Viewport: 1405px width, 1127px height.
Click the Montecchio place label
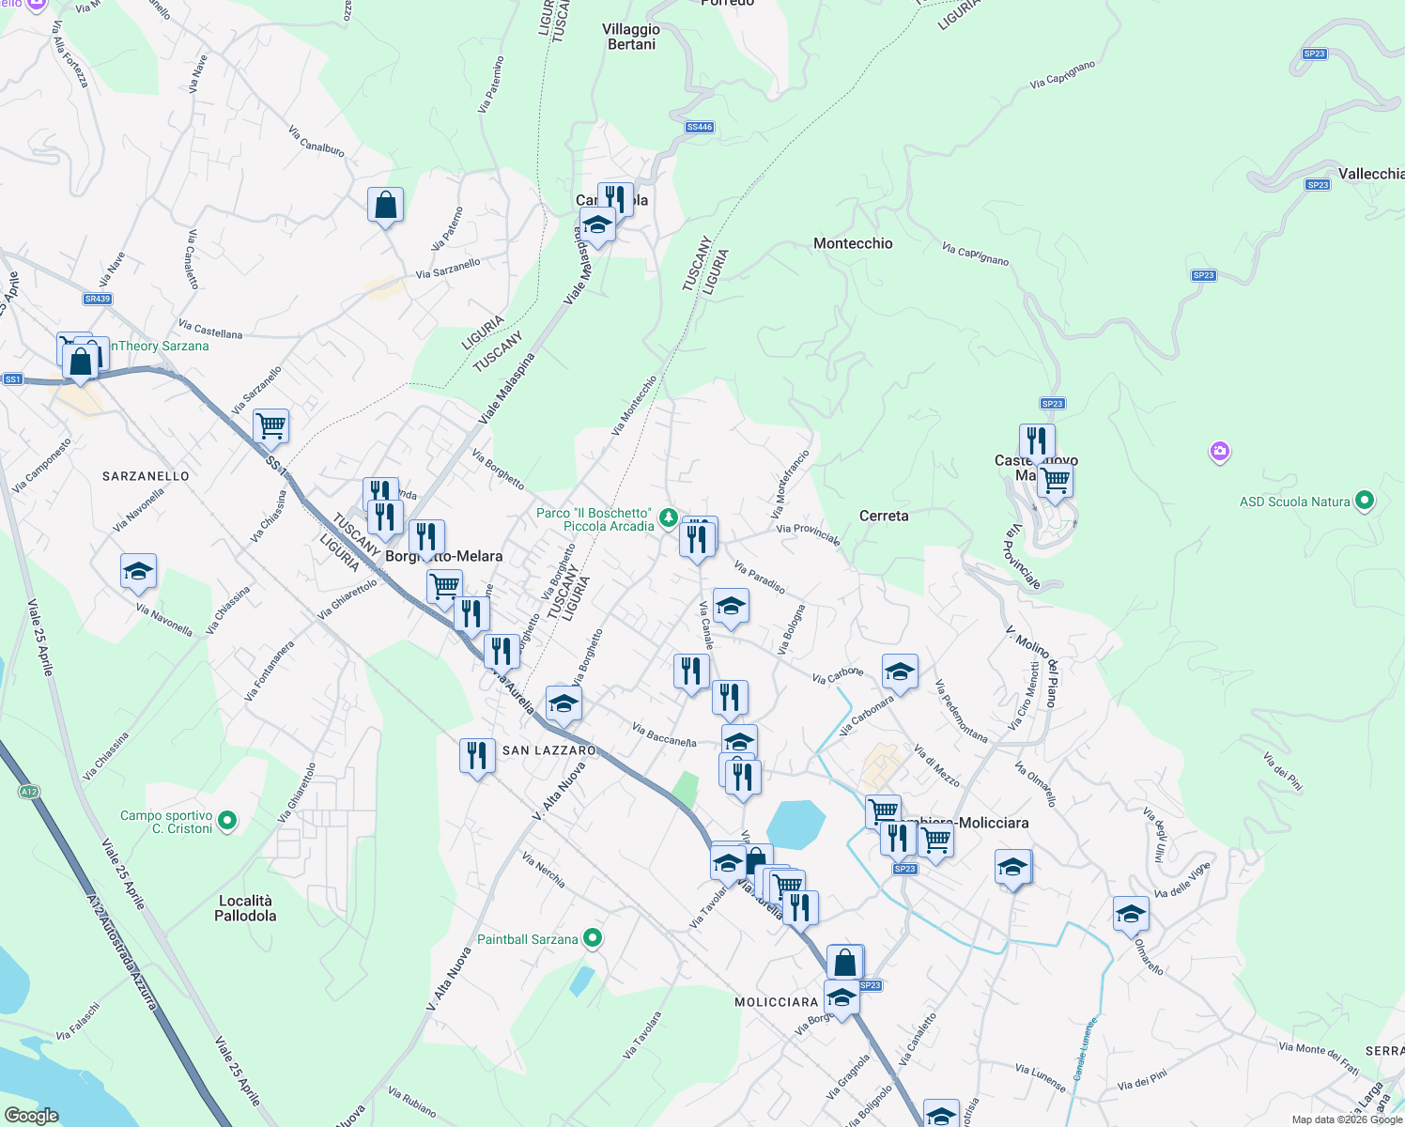click(853, 243)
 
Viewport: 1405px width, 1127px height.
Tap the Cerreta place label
click(884, 516)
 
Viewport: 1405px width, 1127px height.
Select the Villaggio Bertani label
click(631, 37)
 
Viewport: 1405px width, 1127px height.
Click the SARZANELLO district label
click(146, 476)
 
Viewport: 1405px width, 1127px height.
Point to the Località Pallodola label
click(245, 908)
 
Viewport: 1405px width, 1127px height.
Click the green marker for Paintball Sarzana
click(593, 938)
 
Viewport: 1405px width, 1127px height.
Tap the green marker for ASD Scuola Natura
click(1366, 501)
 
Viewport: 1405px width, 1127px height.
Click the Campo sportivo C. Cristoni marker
click(227, 822)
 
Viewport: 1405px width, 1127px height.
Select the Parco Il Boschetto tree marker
click(668, 517)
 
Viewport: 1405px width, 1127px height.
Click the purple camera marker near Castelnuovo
click(1220, 453)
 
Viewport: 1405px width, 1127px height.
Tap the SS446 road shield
click(699, 127)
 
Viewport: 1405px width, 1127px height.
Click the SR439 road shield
click(98, 299)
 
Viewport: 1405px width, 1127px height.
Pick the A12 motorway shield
click(29, 792)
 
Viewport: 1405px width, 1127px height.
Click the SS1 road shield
click(12, 379)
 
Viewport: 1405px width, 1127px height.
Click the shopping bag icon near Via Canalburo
click(386, 205)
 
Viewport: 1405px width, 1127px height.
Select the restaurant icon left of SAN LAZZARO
click(477, 755)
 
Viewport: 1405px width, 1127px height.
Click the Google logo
click(31, 1116)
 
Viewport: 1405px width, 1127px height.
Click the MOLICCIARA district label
click(777, 1002)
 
